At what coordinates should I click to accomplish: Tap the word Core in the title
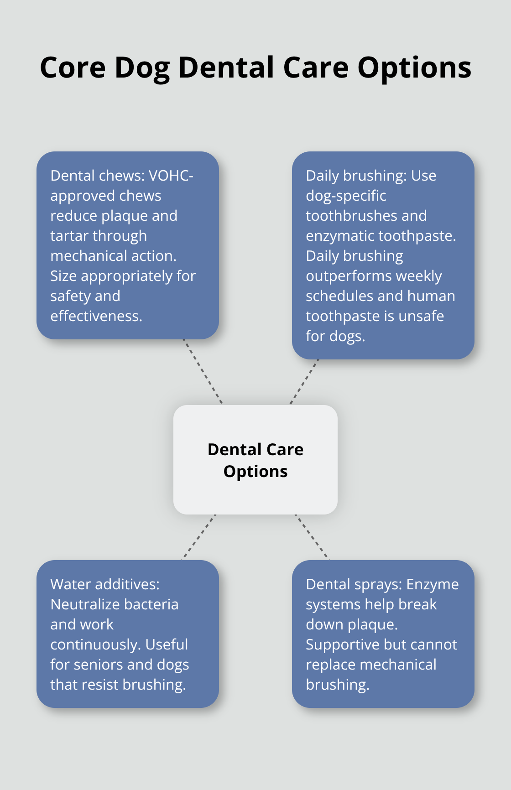click(73, 68)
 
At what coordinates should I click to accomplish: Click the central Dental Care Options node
click(255, 460)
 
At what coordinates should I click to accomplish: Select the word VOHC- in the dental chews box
click(171, 176)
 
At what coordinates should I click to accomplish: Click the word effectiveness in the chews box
click(96, 316)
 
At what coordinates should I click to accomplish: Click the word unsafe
click(421, 316)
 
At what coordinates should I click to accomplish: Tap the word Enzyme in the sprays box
click(433, 584)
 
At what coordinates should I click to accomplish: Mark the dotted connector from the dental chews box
click(203, 371)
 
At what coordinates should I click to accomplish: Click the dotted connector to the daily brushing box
click(304, 382)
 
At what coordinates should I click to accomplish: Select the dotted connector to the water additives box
click(199, 537)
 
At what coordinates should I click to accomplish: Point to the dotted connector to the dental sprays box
click(312, 537)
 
